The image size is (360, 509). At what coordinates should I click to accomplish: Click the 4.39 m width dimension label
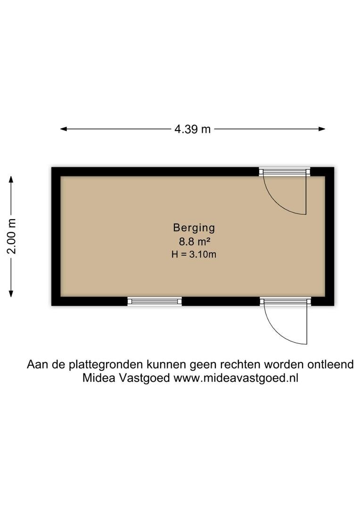coord(193,129)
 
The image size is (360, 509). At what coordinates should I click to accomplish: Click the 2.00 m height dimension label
coord(12,236)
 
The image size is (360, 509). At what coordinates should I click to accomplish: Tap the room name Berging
coord(194,228)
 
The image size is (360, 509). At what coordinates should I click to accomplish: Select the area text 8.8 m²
coord(194,241)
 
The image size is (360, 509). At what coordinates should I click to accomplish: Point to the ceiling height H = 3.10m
coord(194,254)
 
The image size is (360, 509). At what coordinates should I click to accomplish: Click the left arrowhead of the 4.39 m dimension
coord(64,129)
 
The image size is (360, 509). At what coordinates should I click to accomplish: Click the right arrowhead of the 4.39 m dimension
coord(322,129)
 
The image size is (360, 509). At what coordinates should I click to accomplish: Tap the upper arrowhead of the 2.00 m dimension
coord(11,179)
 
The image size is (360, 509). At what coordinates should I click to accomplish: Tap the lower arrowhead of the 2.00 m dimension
coord(11,294)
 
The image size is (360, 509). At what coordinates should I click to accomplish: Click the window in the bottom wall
coord(155,301)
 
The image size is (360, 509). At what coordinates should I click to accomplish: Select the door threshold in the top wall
coord(284,172)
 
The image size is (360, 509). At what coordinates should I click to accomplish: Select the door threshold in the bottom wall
coord(286,302)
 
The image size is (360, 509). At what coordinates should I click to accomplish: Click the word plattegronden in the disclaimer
coord(106,364)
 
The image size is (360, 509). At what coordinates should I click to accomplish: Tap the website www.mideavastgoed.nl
coord(236,378)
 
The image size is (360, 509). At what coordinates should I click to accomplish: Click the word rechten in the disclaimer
coord(240,364)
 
